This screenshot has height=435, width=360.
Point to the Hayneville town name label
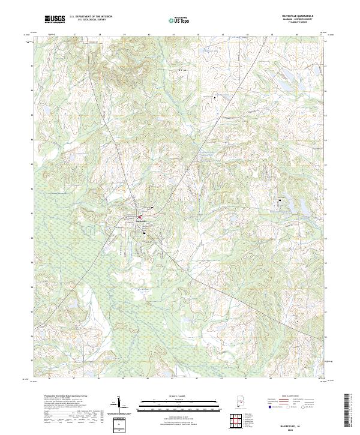[142, 221]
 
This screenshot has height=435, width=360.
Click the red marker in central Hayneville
[140, 217]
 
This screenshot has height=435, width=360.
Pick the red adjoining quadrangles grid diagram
[239, 422]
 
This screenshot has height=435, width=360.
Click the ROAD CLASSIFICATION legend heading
[290, 397]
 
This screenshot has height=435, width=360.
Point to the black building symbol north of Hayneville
[152, 208]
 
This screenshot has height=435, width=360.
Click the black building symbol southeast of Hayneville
[145, 235]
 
